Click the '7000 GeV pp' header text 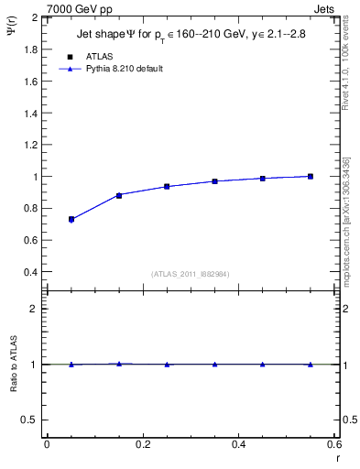click(x=80, y=8)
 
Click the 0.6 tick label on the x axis click(x=334, y=444)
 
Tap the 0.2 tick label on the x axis click(x=142, y=444)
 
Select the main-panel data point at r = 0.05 click(x=71, y=220)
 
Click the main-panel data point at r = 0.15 click(x=119, y=195)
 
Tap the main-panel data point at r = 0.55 click(x=311, y=176)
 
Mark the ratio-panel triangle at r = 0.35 click(x=214, y=364)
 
